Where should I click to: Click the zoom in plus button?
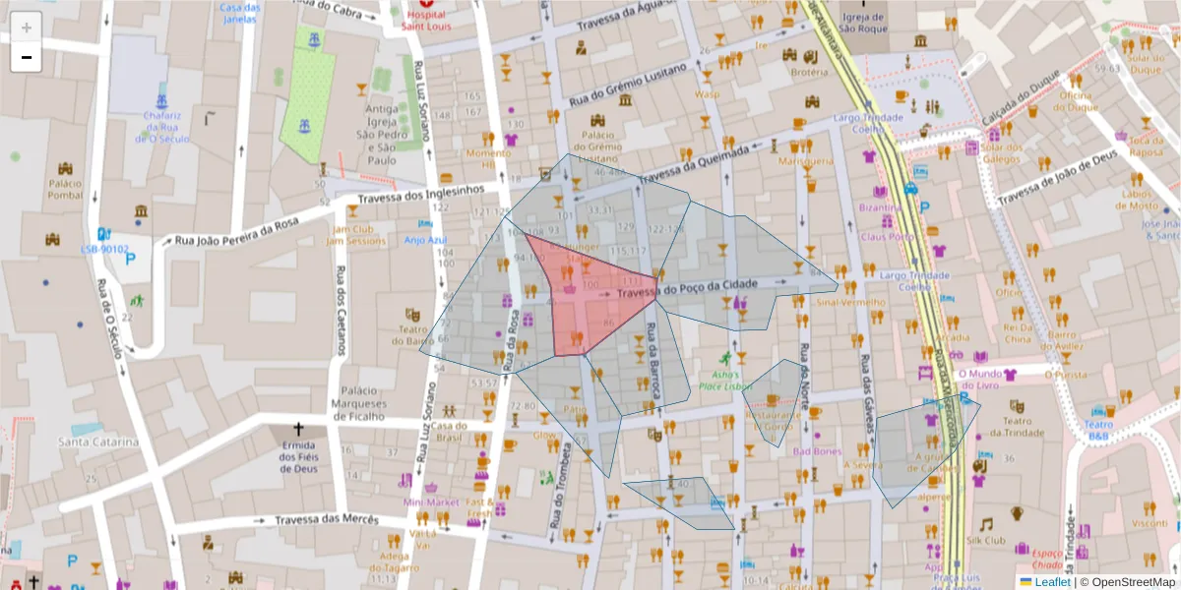point(27,28)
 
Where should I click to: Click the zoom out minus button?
point(27,57)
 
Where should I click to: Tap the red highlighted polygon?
point(590,295)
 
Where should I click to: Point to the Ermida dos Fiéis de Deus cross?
point(298,431)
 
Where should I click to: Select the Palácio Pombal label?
point(64,189)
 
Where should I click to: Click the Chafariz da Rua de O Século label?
point(162,127)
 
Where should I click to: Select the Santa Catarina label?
point(98,442)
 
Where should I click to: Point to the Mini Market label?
point(431,502)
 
